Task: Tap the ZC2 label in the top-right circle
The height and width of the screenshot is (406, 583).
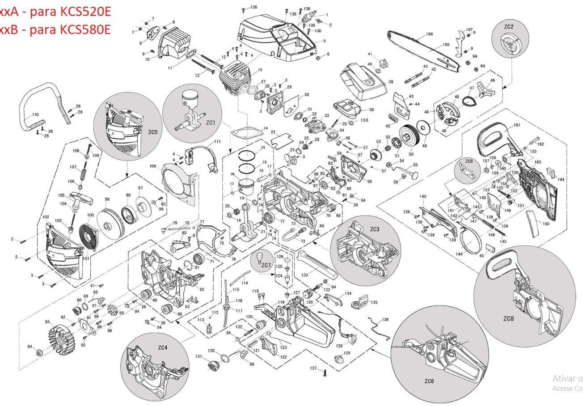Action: coord(509,27)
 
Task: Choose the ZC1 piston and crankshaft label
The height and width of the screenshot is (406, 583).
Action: coord(211,122)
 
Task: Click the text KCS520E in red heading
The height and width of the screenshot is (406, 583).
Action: coord(85,12)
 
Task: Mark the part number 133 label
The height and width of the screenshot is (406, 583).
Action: coord(304,275)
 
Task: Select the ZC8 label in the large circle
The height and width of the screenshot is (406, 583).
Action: coord(508,318)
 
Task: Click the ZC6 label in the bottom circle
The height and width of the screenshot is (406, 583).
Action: coord(429,381)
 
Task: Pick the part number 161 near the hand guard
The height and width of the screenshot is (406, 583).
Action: coord(517,125)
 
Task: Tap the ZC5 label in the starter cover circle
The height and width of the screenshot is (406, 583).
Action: coord(153,132)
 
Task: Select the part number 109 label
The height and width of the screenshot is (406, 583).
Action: coord(152,166)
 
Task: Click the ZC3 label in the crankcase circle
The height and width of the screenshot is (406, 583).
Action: coord(374,229)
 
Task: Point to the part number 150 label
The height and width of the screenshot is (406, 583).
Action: coord(546,224)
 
